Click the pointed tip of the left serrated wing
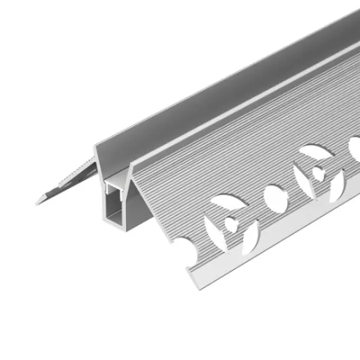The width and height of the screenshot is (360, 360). (x=38, y=199)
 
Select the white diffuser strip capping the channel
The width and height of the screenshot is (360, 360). (x=114, y=184)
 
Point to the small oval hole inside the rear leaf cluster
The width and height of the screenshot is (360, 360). (x=317, y=173)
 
